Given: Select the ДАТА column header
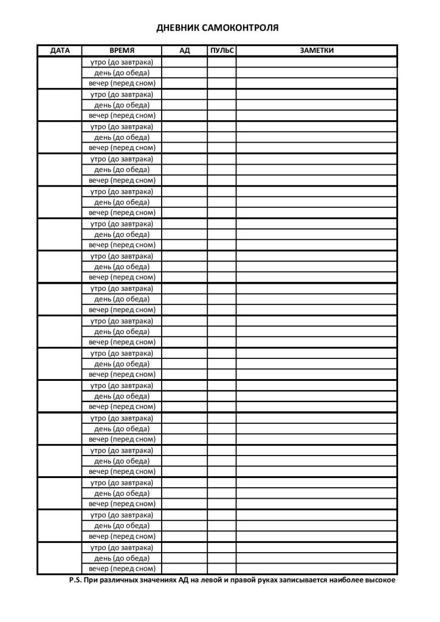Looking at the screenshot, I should [60, 50].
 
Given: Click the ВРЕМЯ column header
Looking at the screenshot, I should [122, 50].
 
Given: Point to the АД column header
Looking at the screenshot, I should [184, 50].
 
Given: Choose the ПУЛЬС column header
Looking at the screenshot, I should [221, 50].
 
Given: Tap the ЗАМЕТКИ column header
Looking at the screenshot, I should [316, 50].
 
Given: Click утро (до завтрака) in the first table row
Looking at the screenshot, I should [122, 62].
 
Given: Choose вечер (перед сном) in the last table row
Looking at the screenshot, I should [122, 569].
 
